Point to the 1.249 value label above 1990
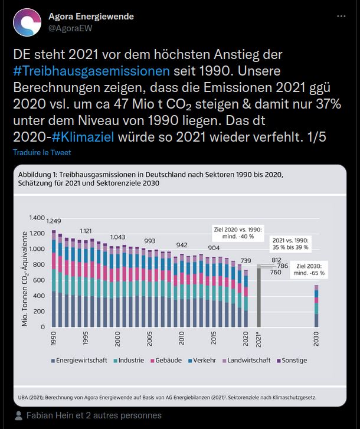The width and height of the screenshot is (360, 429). tap(54, 221)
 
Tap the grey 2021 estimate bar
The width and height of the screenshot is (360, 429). tap(258, 295)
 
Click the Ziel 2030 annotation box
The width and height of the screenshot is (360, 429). tap(310, 269)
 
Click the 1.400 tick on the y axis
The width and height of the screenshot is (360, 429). tap(37, 218)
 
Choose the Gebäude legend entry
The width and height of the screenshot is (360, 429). tap(168, 360)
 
